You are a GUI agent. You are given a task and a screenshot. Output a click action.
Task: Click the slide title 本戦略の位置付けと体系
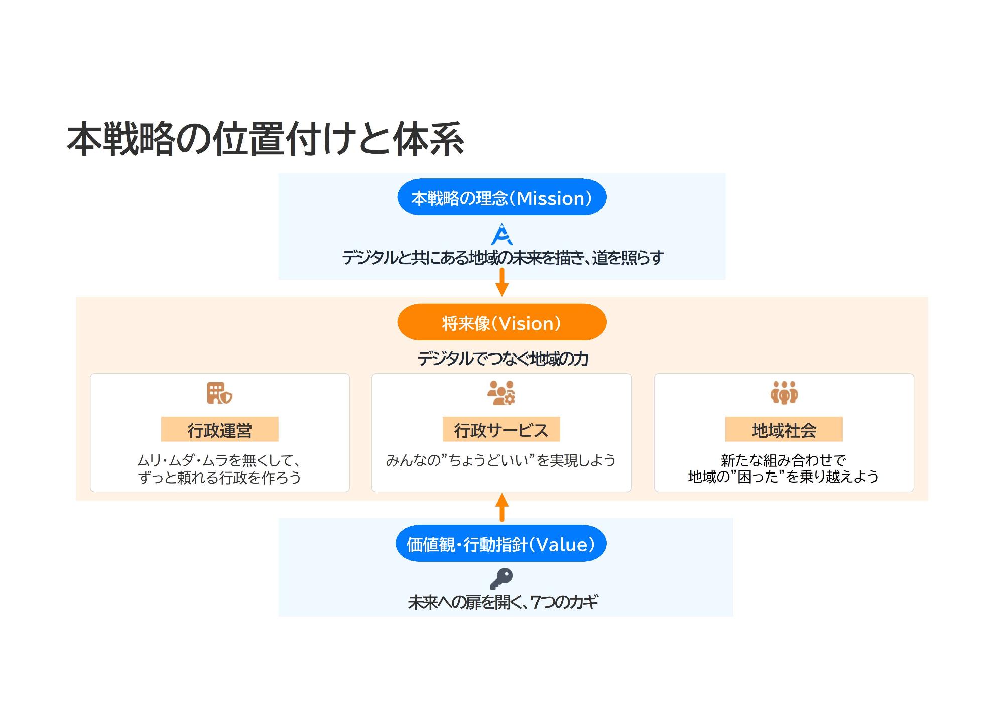265,139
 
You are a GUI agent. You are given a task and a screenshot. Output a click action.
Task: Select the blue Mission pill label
501,197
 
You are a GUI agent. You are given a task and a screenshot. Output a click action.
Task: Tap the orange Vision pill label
501,322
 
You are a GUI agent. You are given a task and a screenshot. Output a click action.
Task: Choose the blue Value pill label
500,544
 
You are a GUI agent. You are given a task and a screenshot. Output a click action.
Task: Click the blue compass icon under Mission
501,234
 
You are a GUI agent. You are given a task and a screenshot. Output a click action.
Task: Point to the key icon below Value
501,578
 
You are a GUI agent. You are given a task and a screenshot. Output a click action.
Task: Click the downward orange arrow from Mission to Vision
501,282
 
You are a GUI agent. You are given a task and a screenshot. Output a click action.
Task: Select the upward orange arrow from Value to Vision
501,507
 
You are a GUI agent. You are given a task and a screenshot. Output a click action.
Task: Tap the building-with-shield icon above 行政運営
219,393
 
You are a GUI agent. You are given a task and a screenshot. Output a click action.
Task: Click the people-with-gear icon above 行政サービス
501,393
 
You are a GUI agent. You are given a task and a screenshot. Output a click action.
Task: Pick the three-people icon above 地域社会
784,393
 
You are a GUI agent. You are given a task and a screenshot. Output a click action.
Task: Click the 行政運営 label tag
219,430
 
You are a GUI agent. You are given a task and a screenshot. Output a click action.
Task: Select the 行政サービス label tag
501,430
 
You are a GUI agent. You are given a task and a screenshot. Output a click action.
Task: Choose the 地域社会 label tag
784,430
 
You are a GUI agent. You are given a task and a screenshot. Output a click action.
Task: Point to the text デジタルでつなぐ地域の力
503,359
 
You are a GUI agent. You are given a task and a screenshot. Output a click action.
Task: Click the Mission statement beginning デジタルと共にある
503,258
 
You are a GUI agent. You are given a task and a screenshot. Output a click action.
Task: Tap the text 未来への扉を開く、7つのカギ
503,601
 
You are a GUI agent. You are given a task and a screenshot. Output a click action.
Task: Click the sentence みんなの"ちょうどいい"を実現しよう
500,460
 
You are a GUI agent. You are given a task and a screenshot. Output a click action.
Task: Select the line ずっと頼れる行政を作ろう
219,477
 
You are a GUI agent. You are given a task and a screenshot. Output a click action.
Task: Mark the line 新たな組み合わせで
783,460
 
